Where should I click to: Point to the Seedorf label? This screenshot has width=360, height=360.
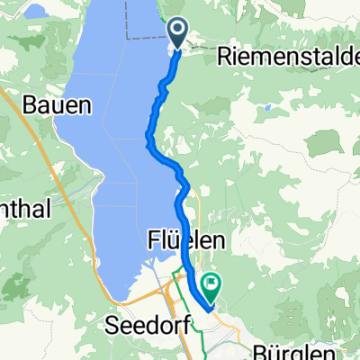point(143,324)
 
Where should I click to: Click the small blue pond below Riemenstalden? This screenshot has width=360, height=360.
point(267,107)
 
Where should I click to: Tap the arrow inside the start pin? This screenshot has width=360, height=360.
point(178,32)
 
